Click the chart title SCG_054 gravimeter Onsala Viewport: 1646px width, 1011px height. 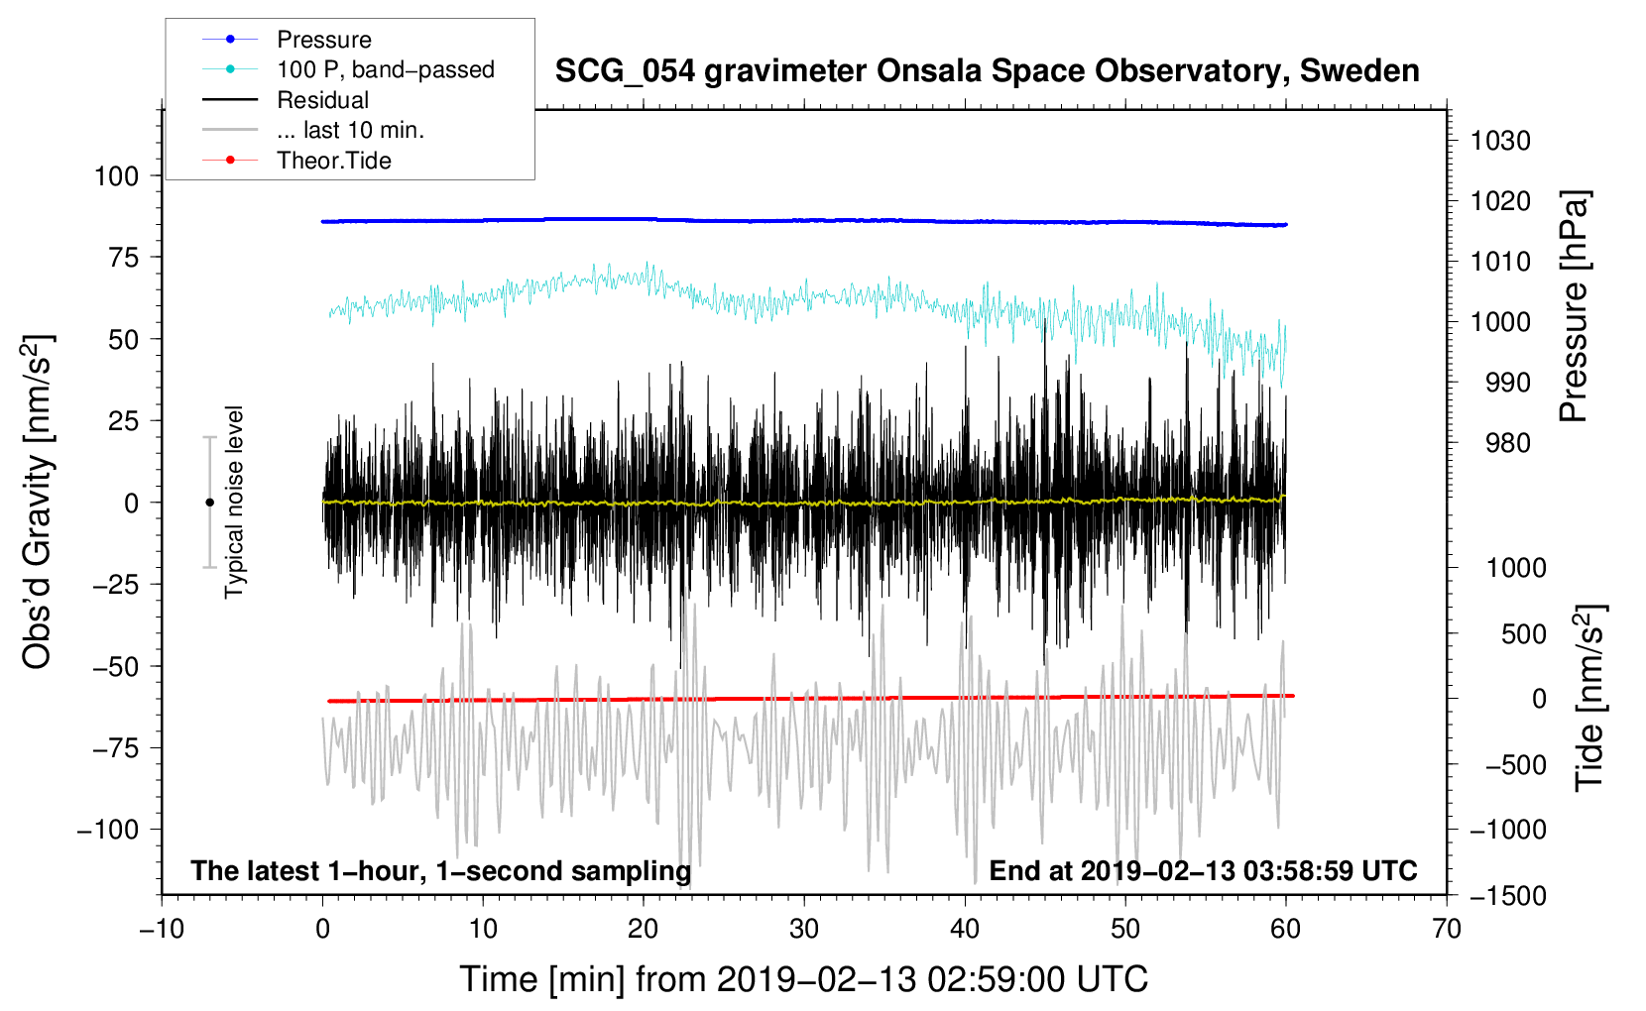click(x=987, y=71)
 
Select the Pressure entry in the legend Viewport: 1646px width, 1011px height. click(x=324, y=40)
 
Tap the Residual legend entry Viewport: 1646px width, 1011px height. click(x=322, y=100)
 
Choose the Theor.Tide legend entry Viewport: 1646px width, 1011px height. click(x=334, y=161)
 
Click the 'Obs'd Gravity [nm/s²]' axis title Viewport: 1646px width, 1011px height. click(x=37, y=502)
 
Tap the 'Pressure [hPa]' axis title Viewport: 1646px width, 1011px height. click(x=1574, y=306)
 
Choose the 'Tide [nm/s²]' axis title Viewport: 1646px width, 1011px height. click(x=1589, y=698)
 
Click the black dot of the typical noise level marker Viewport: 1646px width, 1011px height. click(x=209, y=503)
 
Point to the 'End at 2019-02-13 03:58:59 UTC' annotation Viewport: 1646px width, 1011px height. click(x=1203, y=870)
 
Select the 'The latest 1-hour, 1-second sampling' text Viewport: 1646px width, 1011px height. click(x=441, y=871)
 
